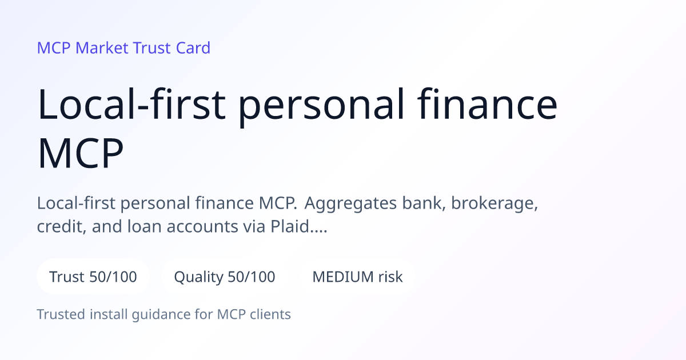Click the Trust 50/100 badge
93,277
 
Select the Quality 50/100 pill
225,277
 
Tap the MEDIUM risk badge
357,277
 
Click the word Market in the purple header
102,48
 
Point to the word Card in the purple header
193,48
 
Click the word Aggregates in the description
350,203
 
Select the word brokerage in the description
494,203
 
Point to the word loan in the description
144,226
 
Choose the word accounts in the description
202,227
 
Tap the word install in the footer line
109,314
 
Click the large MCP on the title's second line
80,153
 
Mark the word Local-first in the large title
131,104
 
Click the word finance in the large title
487,104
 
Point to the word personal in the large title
321,107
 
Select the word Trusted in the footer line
61,314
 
